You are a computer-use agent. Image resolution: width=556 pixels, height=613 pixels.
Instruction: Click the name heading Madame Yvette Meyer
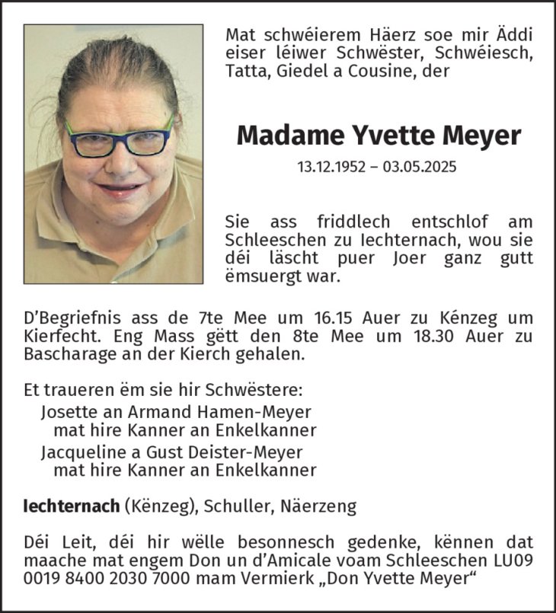click(379, 136)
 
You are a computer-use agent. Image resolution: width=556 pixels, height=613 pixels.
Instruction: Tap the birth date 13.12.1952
click(333, 167)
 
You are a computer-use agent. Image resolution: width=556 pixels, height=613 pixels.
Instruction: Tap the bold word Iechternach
click(72, 506)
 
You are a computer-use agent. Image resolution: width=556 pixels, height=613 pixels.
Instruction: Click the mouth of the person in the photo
click(119, 188)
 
